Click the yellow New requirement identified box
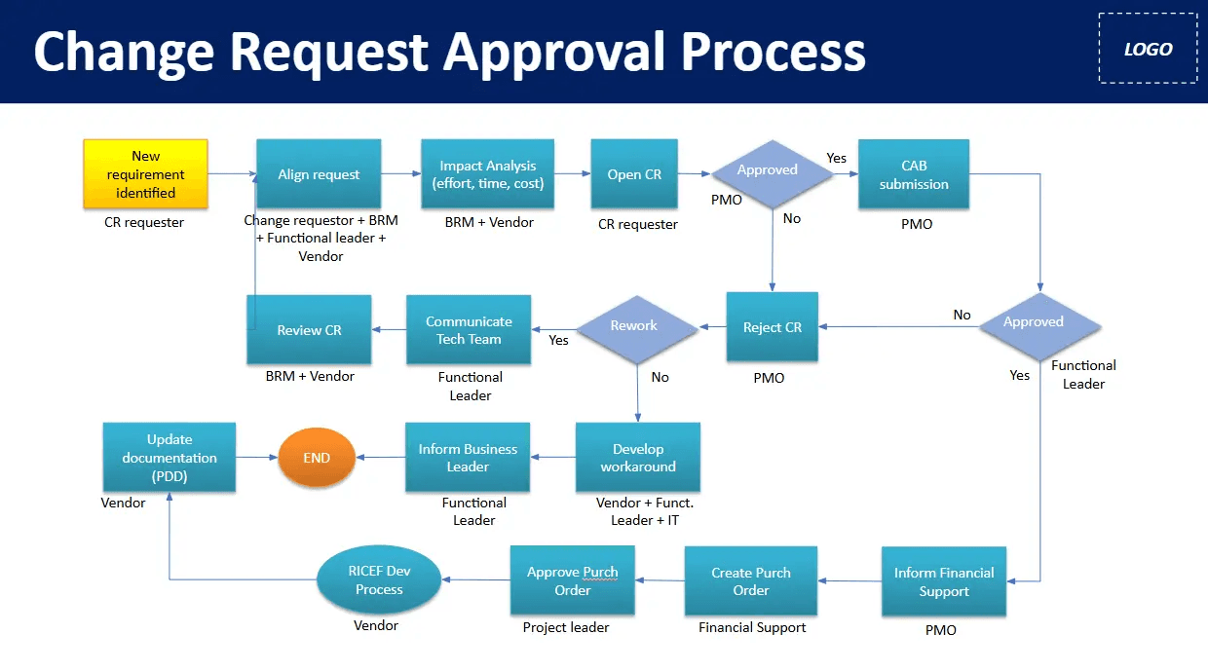point(146,174)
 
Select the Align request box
point(319,174)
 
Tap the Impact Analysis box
point(487,174)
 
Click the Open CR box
point(634,174)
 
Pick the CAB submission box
point(913,174)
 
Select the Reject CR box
point(773,327)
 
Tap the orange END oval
point(317,458)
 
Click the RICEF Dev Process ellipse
point(379,580)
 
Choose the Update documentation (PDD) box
point(170,458)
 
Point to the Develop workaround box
point(638,458)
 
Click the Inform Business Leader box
point(468,458)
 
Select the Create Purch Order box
point(751,581)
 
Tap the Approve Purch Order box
point(573,580)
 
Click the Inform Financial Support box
point(944,581)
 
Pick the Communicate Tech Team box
point(469,330)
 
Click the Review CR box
point(309,330)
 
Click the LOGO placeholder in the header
point(1148,49)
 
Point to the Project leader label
point(566,627)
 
